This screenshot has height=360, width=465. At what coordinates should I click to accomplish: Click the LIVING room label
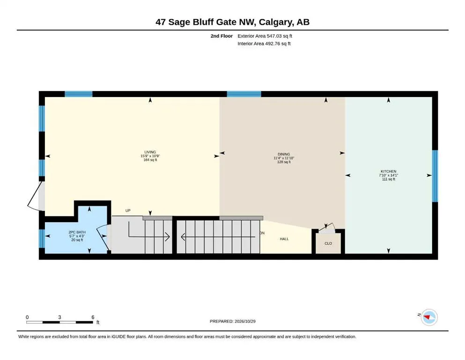150,152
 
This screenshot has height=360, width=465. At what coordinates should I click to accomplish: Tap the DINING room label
284,154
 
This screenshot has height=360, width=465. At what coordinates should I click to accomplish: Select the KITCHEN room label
389,171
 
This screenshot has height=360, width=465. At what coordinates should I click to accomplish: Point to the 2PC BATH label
77,232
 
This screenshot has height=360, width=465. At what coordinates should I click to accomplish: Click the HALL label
284,239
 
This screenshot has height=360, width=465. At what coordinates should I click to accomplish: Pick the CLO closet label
328,243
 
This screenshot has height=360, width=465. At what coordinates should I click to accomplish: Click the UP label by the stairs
128,210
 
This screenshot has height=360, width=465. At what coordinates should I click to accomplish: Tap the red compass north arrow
427,317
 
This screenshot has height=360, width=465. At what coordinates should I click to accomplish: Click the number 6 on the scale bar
93,317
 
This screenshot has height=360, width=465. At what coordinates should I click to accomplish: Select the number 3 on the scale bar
59,317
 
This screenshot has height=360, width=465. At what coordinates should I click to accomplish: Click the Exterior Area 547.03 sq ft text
265,36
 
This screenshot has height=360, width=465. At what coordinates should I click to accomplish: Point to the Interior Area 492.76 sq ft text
264,44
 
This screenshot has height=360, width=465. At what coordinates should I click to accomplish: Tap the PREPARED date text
232,321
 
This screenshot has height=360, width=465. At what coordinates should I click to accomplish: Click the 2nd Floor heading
221,36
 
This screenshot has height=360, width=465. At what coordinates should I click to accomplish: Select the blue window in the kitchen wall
435,176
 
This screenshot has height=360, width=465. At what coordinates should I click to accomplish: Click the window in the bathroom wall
42,239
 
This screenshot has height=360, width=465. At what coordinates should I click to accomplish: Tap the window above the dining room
244,94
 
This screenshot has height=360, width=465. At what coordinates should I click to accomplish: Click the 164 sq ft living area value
150,160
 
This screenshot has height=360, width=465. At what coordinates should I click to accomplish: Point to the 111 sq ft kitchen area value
389,179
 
